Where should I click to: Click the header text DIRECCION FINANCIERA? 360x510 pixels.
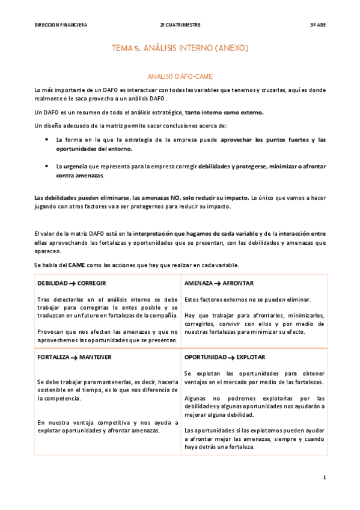point(61,25)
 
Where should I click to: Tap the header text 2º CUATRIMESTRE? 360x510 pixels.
point(180,25)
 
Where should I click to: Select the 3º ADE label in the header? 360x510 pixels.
point(317,25)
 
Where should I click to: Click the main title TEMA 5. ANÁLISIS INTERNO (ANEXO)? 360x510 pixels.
point(180,47)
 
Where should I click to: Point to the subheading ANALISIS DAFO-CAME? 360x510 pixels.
point(180,76)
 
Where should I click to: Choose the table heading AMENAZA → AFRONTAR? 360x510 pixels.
point(219,283)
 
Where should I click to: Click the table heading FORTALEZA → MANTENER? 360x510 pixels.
point(74,357)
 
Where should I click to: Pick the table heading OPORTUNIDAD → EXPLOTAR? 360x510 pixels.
point(225,357)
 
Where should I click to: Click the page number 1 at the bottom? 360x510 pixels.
point(324,478)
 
